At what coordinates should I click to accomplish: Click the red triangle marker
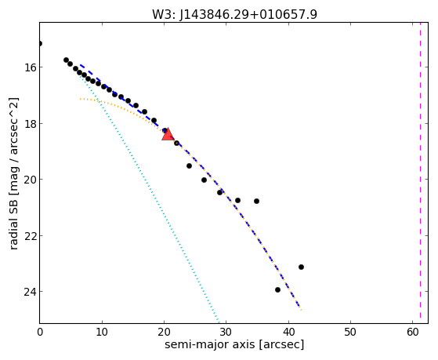168,135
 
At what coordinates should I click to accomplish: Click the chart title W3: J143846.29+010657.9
234,14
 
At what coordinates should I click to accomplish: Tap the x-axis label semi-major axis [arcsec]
234,344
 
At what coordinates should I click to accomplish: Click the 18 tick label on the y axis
30,124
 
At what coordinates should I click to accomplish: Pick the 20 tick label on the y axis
30,180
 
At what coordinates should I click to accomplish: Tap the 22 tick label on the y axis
30,236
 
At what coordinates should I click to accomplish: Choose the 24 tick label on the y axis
30,292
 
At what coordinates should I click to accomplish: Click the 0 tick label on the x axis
40,333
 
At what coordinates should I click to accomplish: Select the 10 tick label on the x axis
102,333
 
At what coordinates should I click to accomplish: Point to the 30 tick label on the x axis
226,333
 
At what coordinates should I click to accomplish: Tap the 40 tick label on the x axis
288,333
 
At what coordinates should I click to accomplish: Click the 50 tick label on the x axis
350,333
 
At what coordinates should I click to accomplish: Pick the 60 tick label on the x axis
412,333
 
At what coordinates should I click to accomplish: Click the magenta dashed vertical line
420,173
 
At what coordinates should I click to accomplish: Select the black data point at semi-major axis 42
301,267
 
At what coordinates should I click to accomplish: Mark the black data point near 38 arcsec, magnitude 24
277,289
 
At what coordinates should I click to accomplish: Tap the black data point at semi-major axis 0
40,43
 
